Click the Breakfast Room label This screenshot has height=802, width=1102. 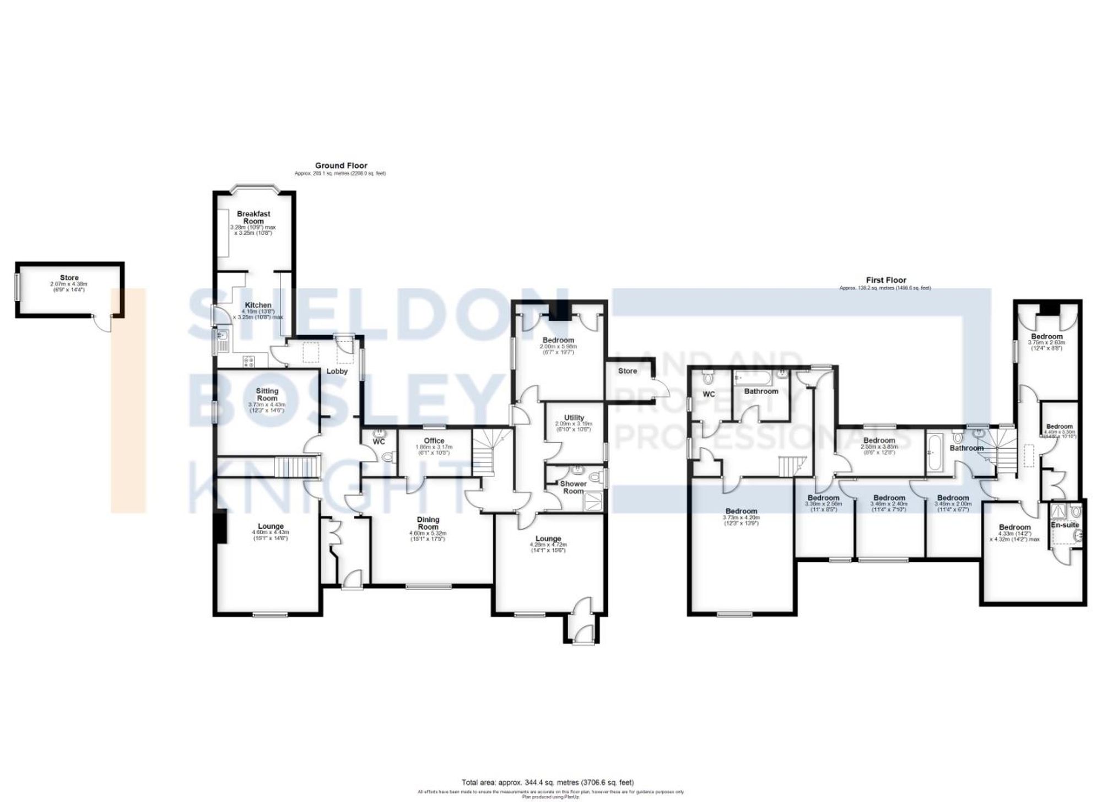click(253, 217)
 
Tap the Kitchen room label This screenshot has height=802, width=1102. click(258, 305)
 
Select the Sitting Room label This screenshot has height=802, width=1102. click(267, 394)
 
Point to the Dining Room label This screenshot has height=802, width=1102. click(428, 523)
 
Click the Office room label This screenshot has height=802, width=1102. click(434, 440)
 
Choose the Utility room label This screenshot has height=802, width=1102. click(574, 418)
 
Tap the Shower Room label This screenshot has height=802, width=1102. click(573, 487)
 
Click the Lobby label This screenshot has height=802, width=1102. click(337, 371)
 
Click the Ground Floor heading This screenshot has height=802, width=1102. click(341, 165)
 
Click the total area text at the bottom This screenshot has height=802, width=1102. click(547, 782)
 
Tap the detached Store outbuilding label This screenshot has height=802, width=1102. click(69, 278)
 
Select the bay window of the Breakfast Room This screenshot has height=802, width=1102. click(254, 187)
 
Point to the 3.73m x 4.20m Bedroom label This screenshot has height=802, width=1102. click(741, 511)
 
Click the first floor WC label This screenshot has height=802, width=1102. click(708, 394)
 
